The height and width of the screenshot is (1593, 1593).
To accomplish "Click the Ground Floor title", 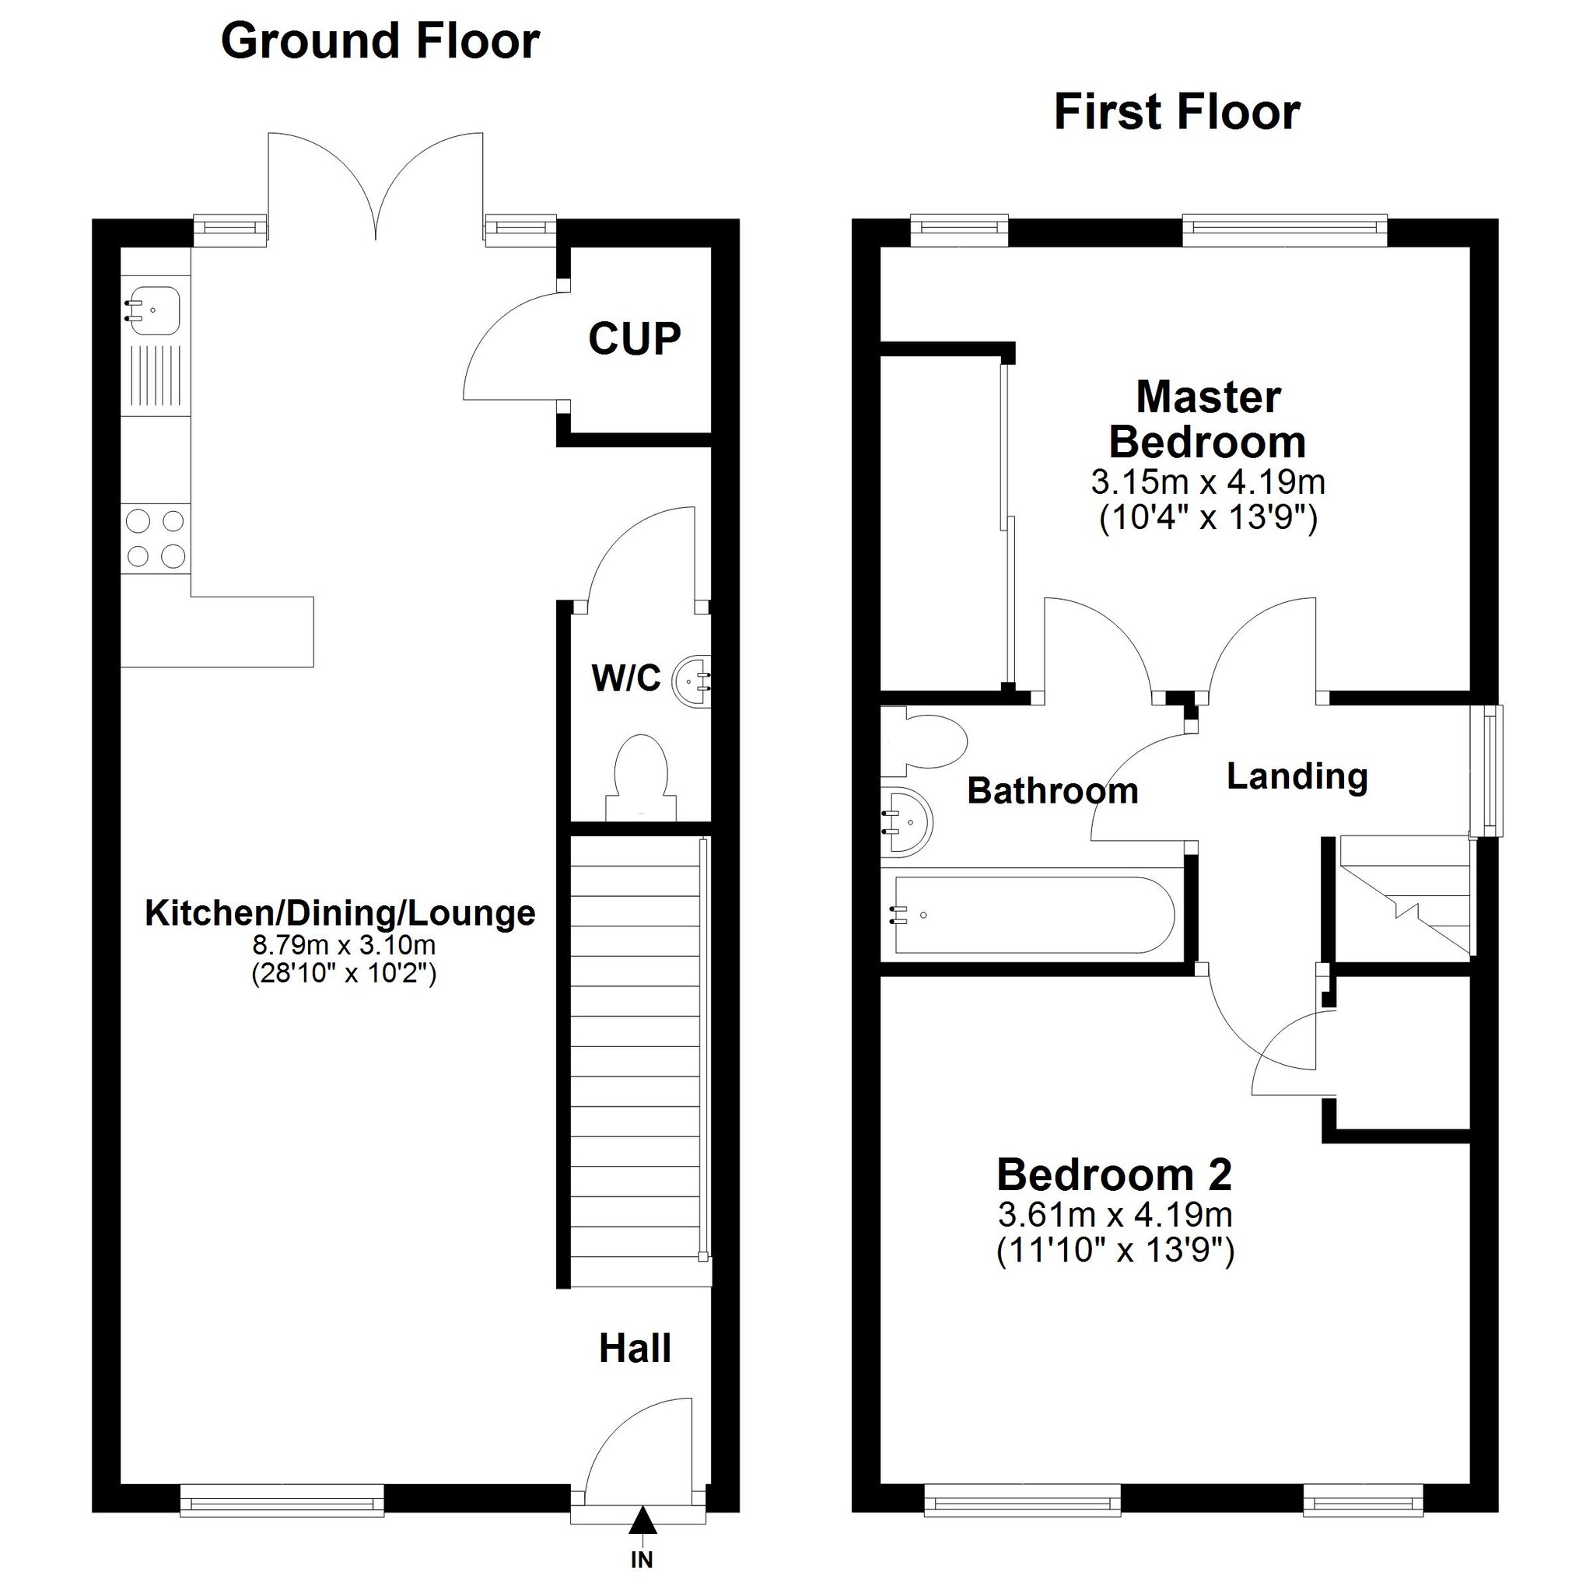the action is [x=380, y=41].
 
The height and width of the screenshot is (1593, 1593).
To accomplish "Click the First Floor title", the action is [x=1177, y=113].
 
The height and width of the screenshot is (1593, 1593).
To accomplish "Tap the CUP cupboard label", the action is [x=634, y=338].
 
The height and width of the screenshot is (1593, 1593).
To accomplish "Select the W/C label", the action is [x=626, y=678].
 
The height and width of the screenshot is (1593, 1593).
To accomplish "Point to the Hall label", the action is [x=635, y=1348].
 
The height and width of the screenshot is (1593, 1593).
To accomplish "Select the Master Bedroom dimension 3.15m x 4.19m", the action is [x=1208, y=481].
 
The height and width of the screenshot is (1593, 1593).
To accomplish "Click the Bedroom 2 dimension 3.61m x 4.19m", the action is [x=1115, y=1214].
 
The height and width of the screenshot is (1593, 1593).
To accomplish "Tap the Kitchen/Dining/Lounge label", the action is [x=340, y=912].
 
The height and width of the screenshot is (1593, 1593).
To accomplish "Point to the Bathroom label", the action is [x=1052, y=791].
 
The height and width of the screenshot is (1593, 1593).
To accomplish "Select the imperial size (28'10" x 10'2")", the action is [x=344, y=974].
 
